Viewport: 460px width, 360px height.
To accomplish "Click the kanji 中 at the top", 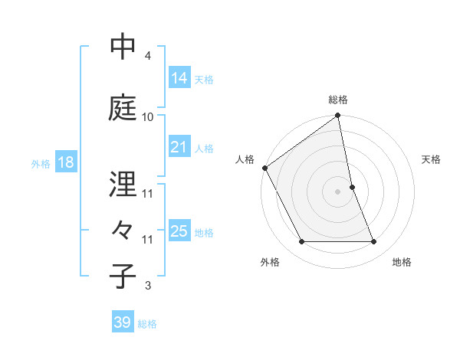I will [123, 47].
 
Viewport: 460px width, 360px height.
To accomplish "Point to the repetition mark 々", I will [123, 231].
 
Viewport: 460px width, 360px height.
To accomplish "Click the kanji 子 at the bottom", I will [123, 277].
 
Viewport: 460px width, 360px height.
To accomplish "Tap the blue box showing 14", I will [179, 78].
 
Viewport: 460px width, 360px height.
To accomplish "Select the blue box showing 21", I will [179, 148].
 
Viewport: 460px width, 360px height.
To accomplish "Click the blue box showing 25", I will [179, 232].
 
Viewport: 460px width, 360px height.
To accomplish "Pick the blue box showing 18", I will [65, 163].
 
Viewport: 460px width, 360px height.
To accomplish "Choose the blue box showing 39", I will [123, 323].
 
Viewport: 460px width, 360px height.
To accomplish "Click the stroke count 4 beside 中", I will [147, 56].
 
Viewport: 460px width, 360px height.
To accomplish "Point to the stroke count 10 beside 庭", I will [147, 117].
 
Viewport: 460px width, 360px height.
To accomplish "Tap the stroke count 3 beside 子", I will [147, 286].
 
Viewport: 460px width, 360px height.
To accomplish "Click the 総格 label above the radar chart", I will [338, 100].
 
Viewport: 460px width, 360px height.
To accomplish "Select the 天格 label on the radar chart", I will [432, 159].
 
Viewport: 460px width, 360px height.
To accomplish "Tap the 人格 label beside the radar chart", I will [245, 159].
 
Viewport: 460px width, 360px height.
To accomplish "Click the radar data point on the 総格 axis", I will [338, 116].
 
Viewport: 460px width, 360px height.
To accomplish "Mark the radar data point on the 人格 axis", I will [265, 168].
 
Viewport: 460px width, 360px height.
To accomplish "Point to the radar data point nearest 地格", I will [374, 242].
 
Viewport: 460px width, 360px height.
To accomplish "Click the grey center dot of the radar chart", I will [338, 191].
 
